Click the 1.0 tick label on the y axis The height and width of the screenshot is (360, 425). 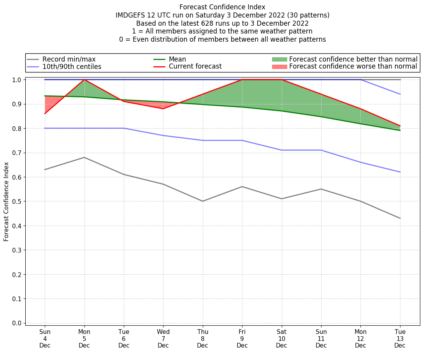click(17, 80)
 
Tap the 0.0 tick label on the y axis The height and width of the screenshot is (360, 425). click(17, 323)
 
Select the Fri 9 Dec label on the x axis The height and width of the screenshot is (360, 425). click(242, 338)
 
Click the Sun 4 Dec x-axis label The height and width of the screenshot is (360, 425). click(45, 338)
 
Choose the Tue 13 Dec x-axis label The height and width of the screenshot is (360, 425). click(400, 338)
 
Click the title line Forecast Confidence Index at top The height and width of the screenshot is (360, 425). click(222, 7)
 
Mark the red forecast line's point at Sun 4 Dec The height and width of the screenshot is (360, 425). click(45, 113)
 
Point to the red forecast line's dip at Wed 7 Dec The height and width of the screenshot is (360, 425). click(163, 109)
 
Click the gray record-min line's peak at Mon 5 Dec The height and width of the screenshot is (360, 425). click(84, 157)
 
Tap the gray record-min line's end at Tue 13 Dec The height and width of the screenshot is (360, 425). click(400, 218)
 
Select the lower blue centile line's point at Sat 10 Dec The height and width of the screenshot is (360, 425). click(281, 150)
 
